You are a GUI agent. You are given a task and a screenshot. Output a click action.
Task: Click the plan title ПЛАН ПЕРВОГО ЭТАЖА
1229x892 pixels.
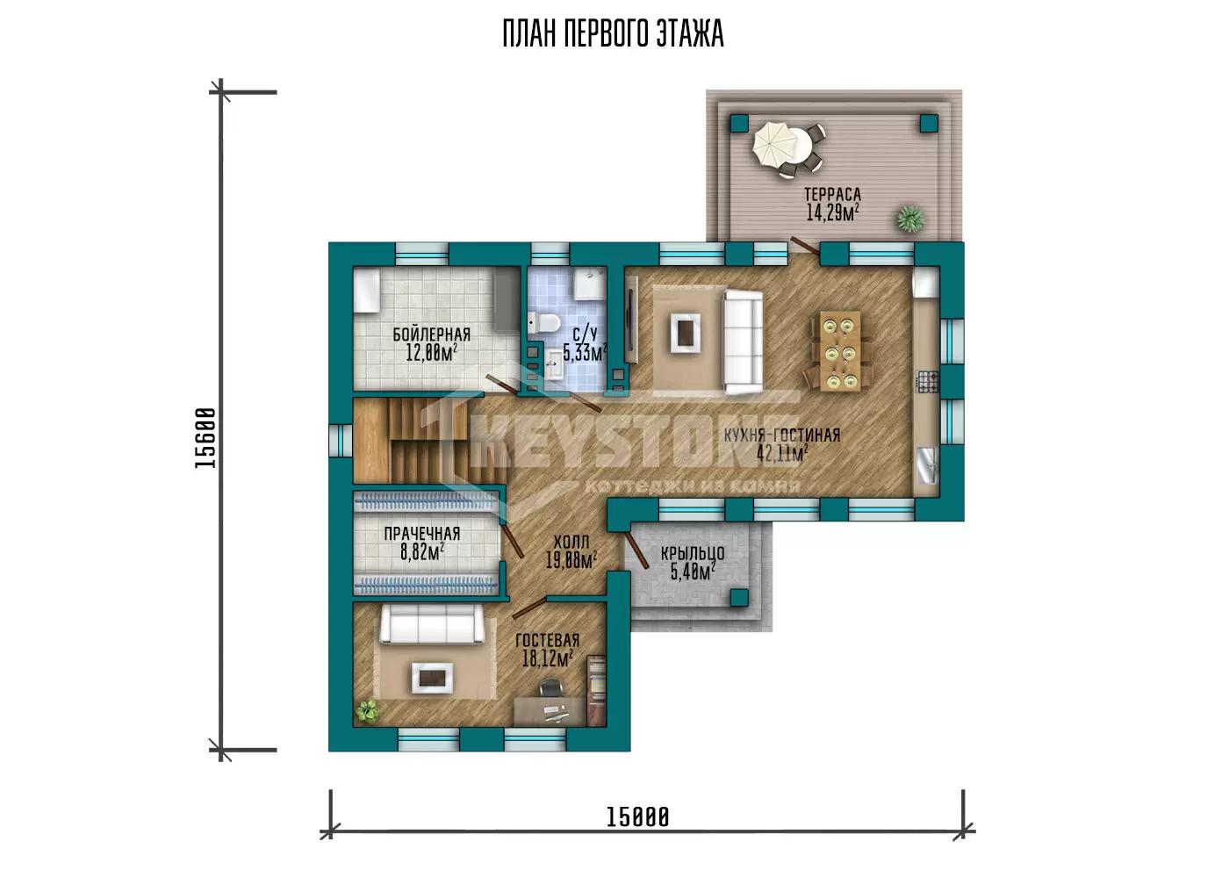(x=613, y=33)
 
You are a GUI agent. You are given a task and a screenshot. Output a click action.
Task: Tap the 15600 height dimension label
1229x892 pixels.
(x=205, y=438)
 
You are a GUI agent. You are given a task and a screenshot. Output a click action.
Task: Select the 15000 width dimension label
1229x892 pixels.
(x=637, y=817)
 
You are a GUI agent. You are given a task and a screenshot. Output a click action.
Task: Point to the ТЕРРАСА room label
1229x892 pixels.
(x=832, y=195)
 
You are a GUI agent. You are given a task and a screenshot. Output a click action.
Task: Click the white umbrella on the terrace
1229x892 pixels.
(x=774, y=144)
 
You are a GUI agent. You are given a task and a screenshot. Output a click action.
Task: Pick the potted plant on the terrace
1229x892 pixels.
(x=911, y=218)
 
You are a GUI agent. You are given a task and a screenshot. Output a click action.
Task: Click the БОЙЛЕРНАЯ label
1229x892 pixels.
(x=431, y=334)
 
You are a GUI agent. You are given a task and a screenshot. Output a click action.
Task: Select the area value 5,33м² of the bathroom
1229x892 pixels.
(x=585, y=353)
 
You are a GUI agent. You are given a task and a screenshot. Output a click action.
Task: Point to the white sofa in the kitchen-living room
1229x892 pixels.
(x=743, y=342)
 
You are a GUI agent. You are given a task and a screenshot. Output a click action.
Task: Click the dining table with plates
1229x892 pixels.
(x=840, y=351)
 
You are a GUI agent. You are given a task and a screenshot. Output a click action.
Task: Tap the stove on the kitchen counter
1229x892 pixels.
(x=927, y=382)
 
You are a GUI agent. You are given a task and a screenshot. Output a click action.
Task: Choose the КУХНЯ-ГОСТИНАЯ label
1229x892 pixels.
(x=782, y=435)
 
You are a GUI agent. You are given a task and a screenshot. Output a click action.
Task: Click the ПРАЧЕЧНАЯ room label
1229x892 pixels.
(x=422, y=533)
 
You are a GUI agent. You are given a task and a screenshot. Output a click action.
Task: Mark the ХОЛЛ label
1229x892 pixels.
(x=571, y=542)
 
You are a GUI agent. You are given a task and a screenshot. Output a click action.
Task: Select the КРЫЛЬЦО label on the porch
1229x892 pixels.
(x=693, y=553)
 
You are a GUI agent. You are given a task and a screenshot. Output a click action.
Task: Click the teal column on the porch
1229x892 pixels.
(x=739, y=597)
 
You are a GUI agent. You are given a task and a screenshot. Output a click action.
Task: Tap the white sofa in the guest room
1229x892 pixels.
(x=432, y=623)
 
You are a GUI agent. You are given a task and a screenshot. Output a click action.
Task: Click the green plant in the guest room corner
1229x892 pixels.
(x=368, y=710)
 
